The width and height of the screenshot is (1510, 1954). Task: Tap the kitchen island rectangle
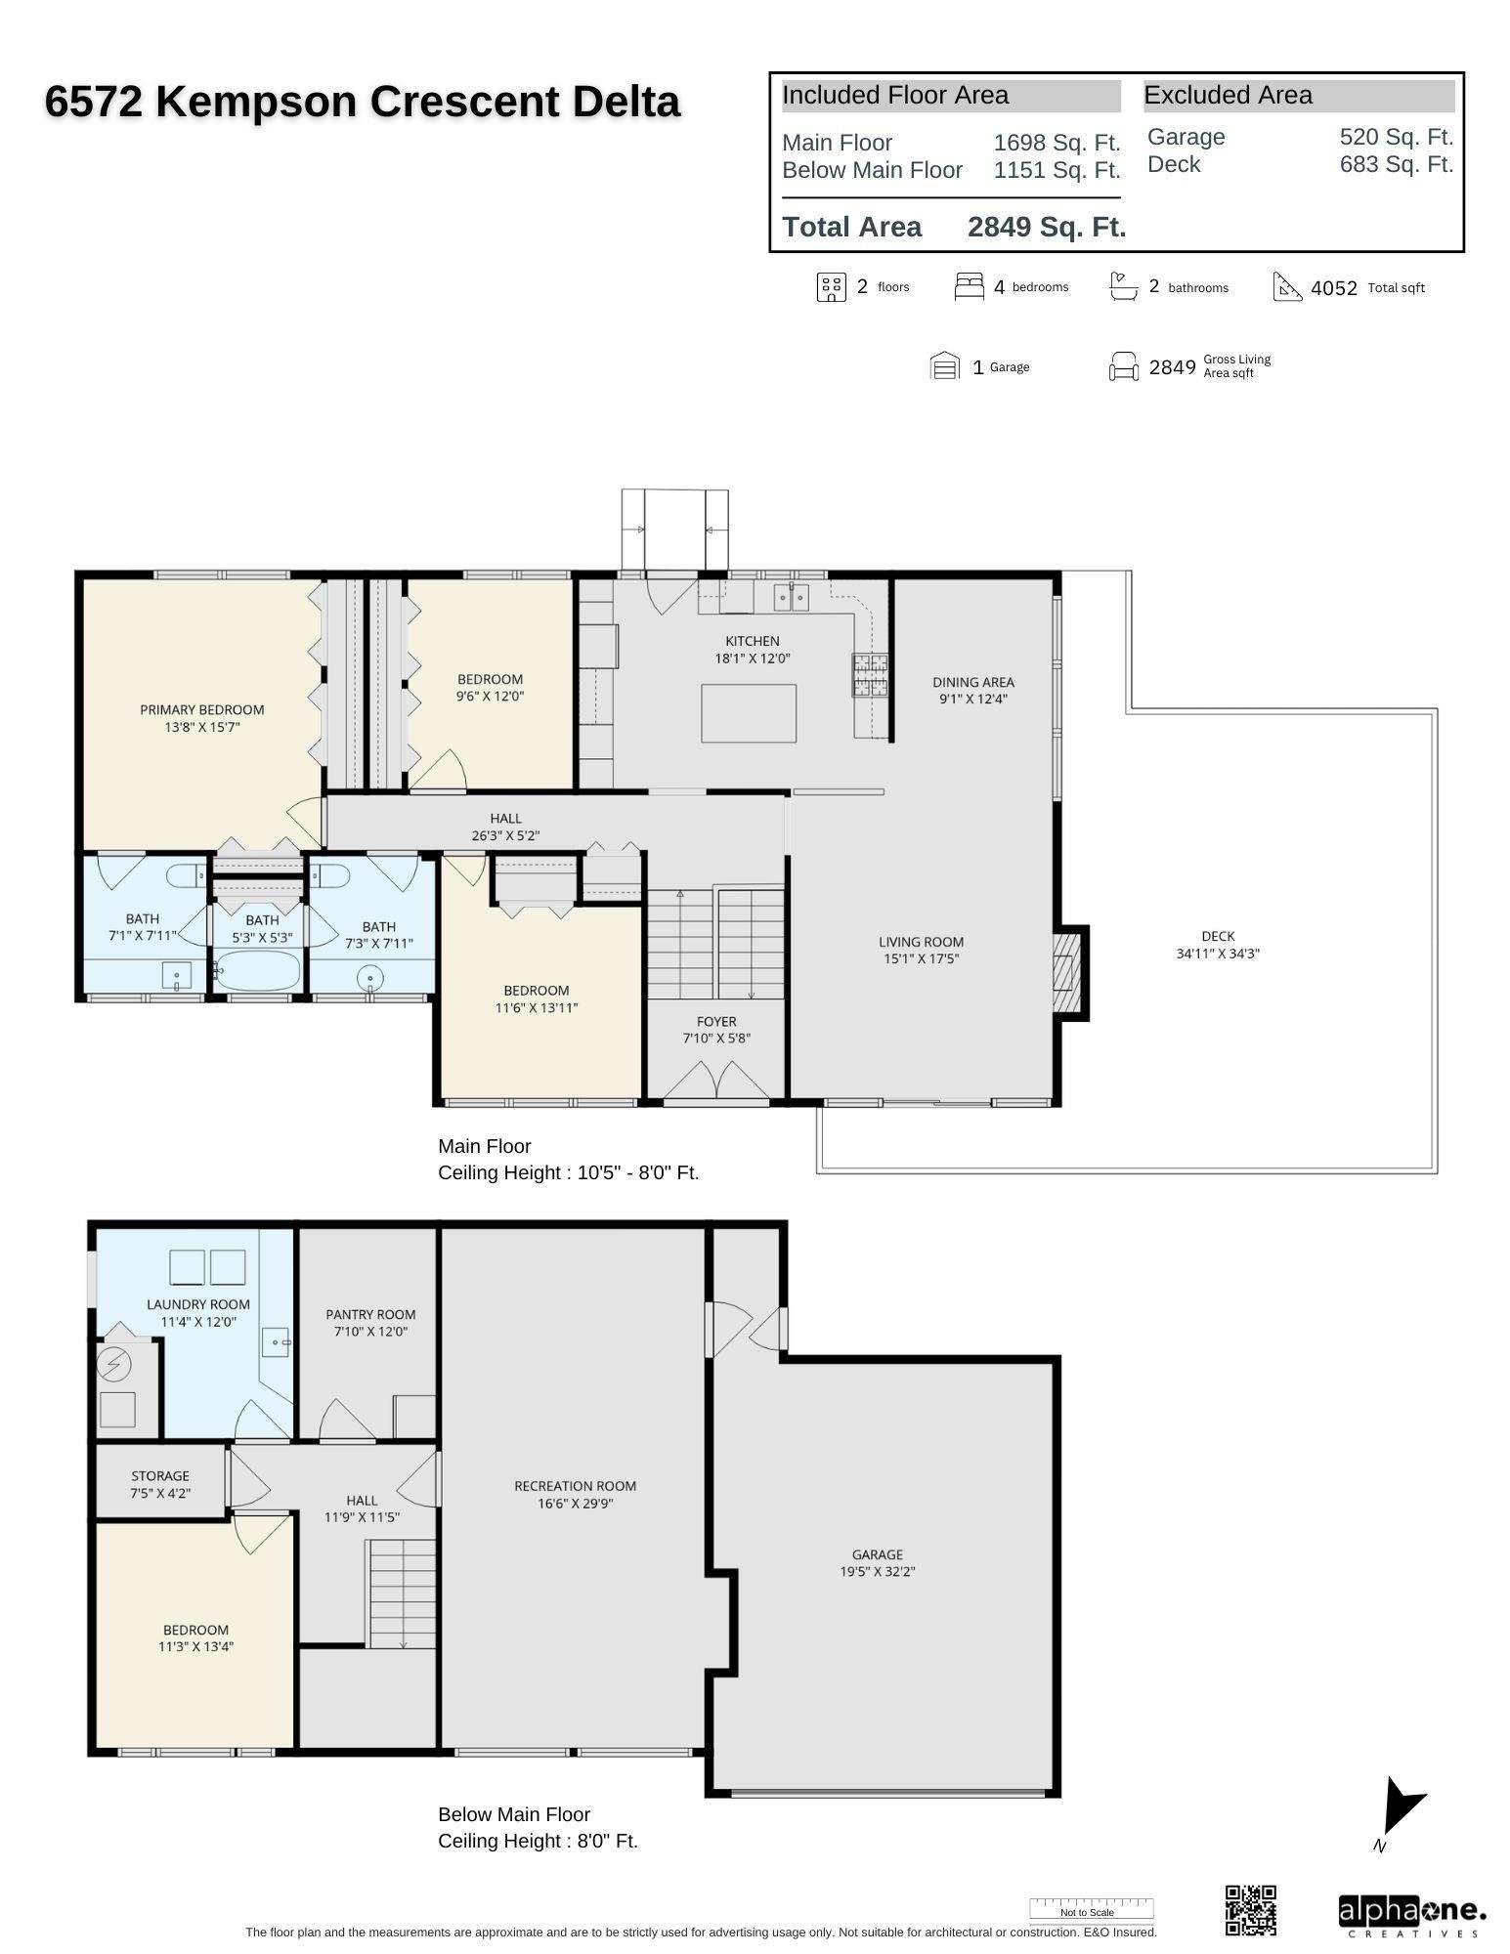point(748,713)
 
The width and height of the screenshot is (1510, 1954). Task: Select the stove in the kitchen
point(870,675)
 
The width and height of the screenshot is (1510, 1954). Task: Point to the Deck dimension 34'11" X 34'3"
point(1217,954)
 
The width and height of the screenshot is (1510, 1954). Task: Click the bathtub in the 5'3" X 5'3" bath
point(257,972)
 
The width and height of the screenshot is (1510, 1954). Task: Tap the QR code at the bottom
point(1250,1910)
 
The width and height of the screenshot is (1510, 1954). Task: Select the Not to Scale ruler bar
point(1091,1908)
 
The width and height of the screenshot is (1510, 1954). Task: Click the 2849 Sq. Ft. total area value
point(1047,227)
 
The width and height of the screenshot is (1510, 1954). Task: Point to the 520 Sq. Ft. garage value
point(1396,137)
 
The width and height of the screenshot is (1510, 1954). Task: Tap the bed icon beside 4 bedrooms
point(969,286)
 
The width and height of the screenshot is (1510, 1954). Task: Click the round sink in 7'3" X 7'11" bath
point(370,977)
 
